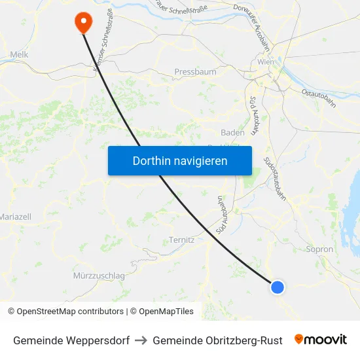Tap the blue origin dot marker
pos(278,287)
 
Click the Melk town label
pos(19,55)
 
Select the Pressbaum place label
pos(195,72)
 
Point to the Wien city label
pos(266,62)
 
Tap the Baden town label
pos(232,132)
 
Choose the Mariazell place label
pos(15,217)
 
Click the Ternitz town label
pos(181,240)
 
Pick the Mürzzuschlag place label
pos(99,276)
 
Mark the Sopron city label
pos(319,249)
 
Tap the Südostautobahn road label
pos(274,176)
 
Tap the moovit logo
pos(320,340)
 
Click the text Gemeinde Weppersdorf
pos(71,340)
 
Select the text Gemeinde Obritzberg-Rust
pos(217,340)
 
